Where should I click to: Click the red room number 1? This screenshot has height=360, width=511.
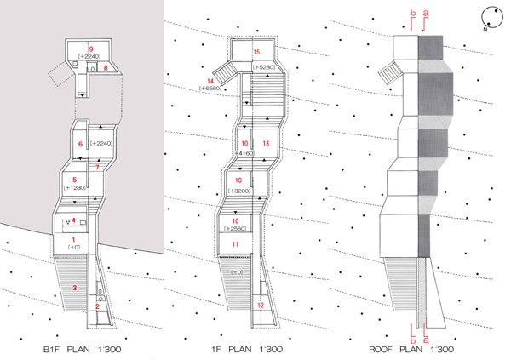(x=74, y=240)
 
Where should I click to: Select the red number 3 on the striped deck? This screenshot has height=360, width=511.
(x=74, y=289)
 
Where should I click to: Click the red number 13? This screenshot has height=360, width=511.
(x=266, y=144)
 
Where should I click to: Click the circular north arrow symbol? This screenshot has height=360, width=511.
(x=491, y=14)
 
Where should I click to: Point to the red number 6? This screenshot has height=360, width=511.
(x=80, y=145)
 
